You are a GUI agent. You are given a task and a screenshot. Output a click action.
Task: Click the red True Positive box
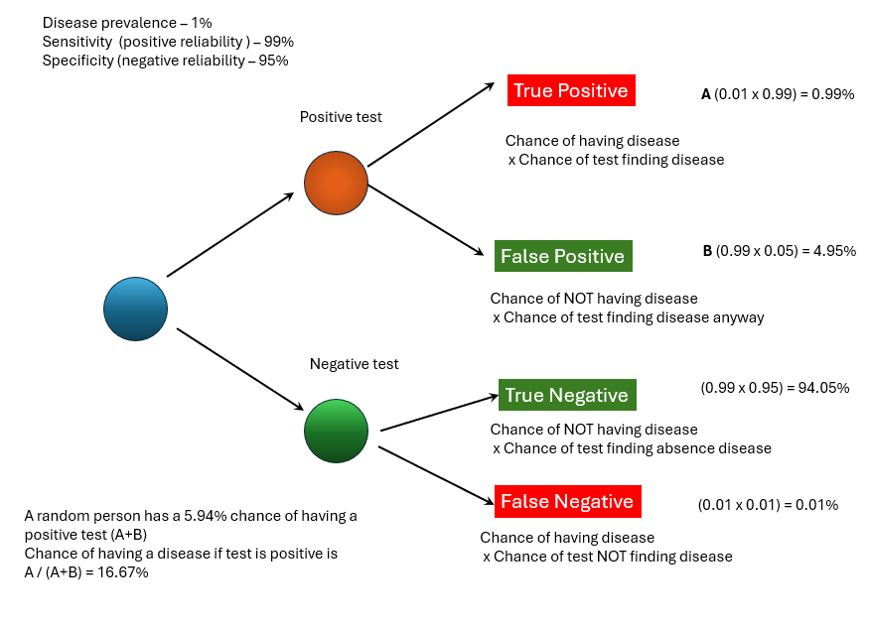click(x=570, y=90)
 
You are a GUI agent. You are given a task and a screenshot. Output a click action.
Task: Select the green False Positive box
click(x=562, y=256)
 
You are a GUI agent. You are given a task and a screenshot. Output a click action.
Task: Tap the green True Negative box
click(x=566, y=395)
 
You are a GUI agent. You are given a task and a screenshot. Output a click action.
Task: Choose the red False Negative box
click(x=566, y=501)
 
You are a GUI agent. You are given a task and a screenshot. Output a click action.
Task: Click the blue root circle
click(x=135, y=309)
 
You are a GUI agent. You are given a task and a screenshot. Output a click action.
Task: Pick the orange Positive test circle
click(x=336, y=183)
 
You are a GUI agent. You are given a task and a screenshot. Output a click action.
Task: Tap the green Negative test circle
click(x=336, y=431)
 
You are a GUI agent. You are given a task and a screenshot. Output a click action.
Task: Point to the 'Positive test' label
click(x=341, y=117)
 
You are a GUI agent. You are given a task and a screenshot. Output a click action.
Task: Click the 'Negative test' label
click(x=354, y=364)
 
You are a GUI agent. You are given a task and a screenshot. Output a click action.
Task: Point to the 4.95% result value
click(x=833, y=251)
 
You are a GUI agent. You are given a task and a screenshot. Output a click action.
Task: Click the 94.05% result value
click(x=824, y=388)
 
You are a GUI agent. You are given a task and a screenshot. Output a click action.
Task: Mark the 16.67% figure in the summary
click(x=124, y=572)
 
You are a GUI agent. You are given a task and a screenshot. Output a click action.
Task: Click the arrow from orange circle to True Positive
click(x=431, y=124)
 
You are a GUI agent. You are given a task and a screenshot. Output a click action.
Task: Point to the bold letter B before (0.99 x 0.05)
click(x=707, y=251)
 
